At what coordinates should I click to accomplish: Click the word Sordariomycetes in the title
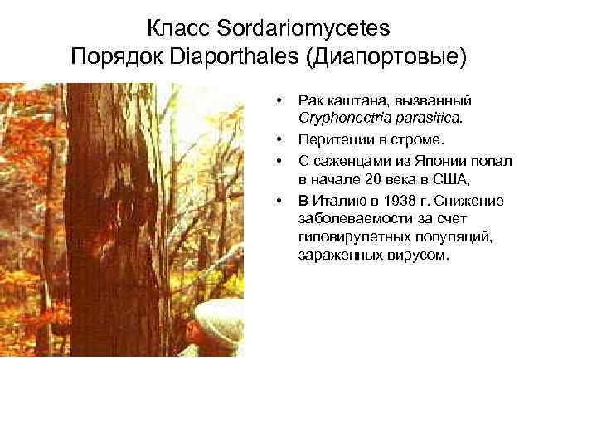click(303, 28)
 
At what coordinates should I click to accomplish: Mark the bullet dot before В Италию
click(280, 200)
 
